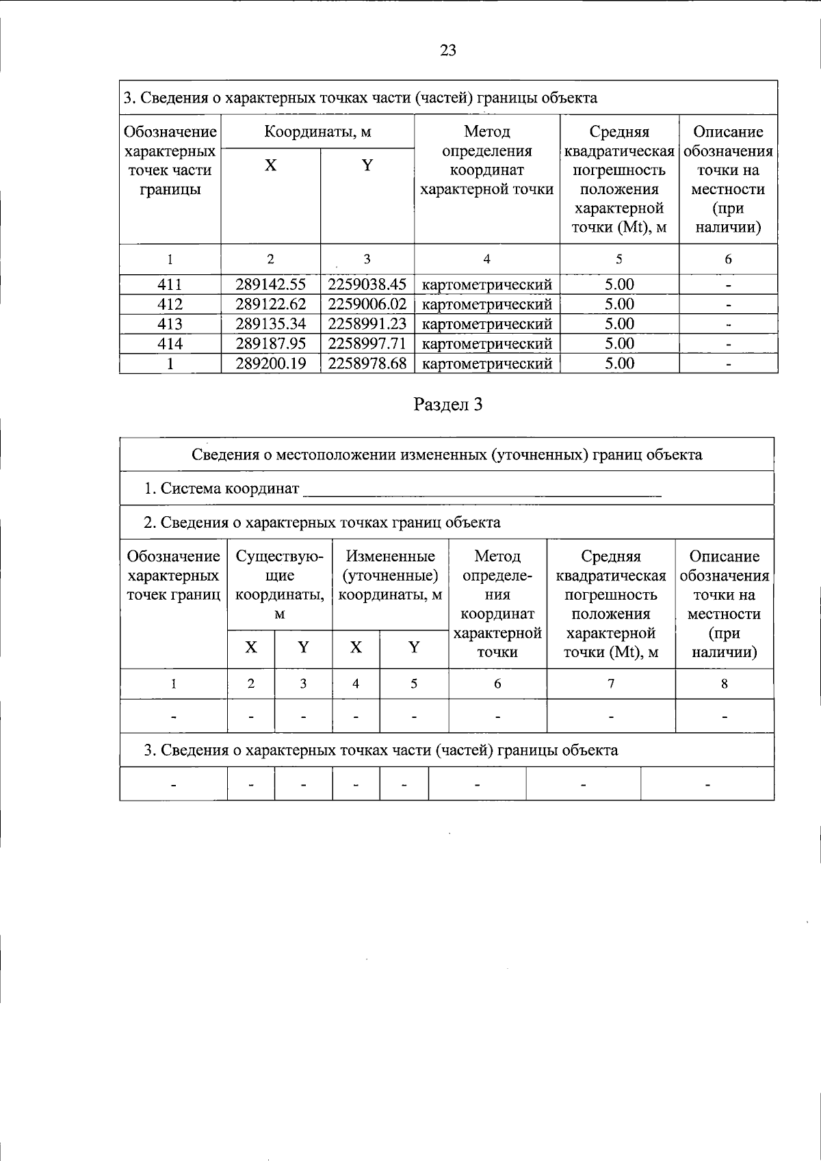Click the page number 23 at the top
(x=448, y=51)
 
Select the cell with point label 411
(x=170, y=284)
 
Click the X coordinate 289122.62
(x=270, y=304)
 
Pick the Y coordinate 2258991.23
(x=367, y=324)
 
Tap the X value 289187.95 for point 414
(x=270, y=344)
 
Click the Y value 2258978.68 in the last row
(x=367, y=364)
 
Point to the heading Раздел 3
(x=448, y=405)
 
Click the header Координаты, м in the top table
(x=317, y=132)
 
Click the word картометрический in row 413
(x=486, y=324)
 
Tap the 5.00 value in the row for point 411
(x=619, y=284)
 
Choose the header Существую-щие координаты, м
(x=279, y=585)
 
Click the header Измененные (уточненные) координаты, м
(x=390, y=576)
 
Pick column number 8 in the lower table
(x=724, y=684)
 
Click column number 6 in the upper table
(x=728, y=259)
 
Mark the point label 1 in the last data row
(x=170, y=364)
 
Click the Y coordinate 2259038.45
(x=367, y=284)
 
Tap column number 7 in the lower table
(x=610, y=684)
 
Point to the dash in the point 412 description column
(x=728, y=305)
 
